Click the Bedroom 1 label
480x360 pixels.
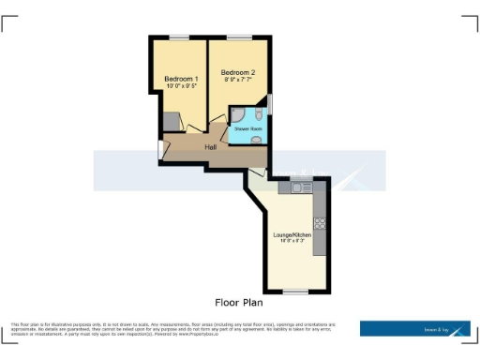tap(181, 79)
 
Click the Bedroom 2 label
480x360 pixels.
tap(238, 72)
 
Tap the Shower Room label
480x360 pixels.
tap(247, 128)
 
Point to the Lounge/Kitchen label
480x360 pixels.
tap(292, 234)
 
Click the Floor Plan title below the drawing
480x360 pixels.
tap(239, 303)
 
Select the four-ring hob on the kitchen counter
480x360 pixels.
tap(320, 223)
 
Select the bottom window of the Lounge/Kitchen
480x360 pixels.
tap(295, 291)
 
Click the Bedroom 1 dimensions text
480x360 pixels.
tap(181, 86)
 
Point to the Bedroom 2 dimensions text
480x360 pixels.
tap(238, 80)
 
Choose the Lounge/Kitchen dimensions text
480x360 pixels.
tap(292, 242)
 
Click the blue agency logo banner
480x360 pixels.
tap(415, 328)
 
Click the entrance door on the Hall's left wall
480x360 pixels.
tap(159, 149)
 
